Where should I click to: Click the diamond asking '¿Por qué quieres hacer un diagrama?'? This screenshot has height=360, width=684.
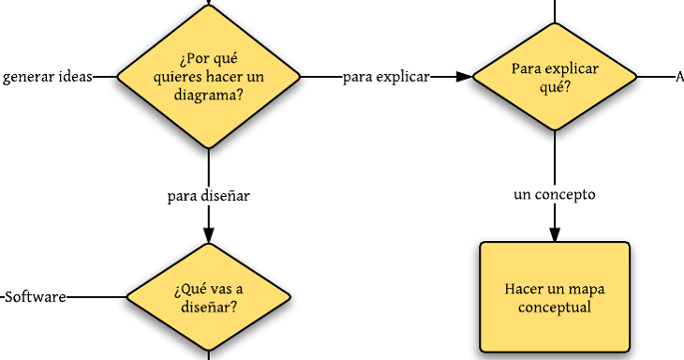(207, 77)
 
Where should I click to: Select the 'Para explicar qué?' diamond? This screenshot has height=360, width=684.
(555, 77)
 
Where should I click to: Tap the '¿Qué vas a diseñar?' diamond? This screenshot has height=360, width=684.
(207, 297)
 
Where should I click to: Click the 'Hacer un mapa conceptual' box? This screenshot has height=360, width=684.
(555, 297)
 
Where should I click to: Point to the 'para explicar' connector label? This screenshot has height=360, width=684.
(386, 77)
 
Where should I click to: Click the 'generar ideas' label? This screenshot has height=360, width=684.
(47, 77)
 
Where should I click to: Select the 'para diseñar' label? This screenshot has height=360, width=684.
(207, 196)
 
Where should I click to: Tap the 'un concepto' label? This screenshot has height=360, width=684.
(555, 195)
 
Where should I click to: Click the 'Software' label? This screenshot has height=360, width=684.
(36, 297)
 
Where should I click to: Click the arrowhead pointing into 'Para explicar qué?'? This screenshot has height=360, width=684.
(463, 77)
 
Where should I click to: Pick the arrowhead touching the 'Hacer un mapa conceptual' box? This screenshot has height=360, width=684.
(555, 234)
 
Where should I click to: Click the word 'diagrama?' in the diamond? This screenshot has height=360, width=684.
(207, 95)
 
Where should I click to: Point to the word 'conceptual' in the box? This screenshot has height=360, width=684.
(555, 307)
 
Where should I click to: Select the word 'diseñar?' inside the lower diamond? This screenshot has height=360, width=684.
(207, 307)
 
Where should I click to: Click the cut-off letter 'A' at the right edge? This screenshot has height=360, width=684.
(679, 77)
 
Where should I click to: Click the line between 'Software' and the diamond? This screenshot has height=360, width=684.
(96, 297)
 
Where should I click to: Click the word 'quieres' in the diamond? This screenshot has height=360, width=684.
(178, 77)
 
